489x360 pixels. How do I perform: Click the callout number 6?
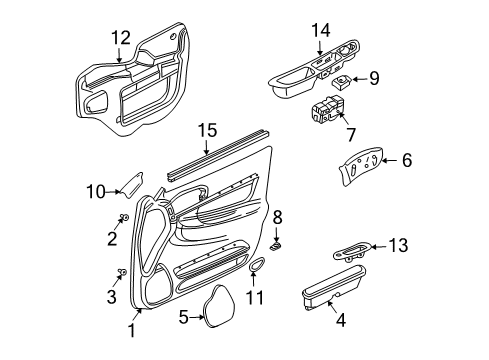[x=406, y=159]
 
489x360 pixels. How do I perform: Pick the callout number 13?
[x=400, y=272]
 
